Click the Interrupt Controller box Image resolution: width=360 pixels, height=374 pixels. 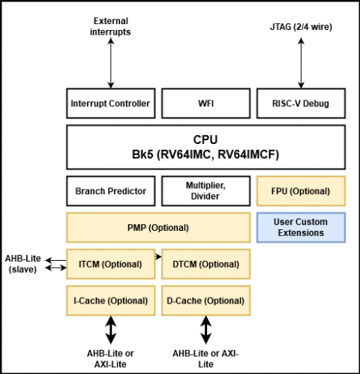[111, 103]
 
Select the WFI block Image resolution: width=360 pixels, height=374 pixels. [205, 103]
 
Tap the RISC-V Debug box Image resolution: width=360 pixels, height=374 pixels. [301, 103]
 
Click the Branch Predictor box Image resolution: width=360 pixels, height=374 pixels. [111, 191]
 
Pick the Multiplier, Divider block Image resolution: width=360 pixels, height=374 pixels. [205, 191]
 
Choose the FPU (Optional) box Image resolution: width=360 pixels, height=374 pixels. [301, 191]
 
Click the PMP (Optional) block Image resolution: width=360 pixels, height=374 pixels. [158, 228]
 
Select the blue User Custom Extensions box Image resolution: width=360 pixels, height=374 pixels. [301, 228]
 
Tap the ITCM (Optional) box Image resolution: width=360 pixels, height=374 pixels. [111, 264]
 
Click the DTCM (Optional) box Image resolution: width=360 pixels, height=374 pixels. [205, 264]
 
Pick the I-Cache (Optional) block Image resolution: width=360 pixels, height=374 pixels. [111, 301]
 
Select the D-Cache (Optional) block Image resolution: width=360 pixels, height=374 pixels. [205, 301]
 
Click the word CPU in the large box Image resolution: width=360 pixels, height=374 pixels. [205, 139]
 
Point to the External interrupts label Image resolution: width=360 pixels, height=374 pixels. [110, 26]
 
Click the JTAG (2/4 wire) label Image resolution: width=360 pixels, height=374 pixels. [301, 27]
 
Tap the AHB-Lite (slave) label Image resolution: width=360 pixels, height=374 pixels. [22, 264]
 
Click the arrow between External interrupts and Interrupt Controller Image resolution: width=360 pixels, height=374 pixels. [111, 63]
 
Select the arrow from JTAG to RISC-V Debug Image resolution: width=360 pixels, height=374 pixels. [301, 63]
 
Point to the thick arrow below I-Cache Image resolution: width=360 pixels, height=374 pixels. [111, 330]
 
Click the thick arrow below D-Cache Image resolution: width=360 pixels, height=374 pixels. [205, 330]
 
